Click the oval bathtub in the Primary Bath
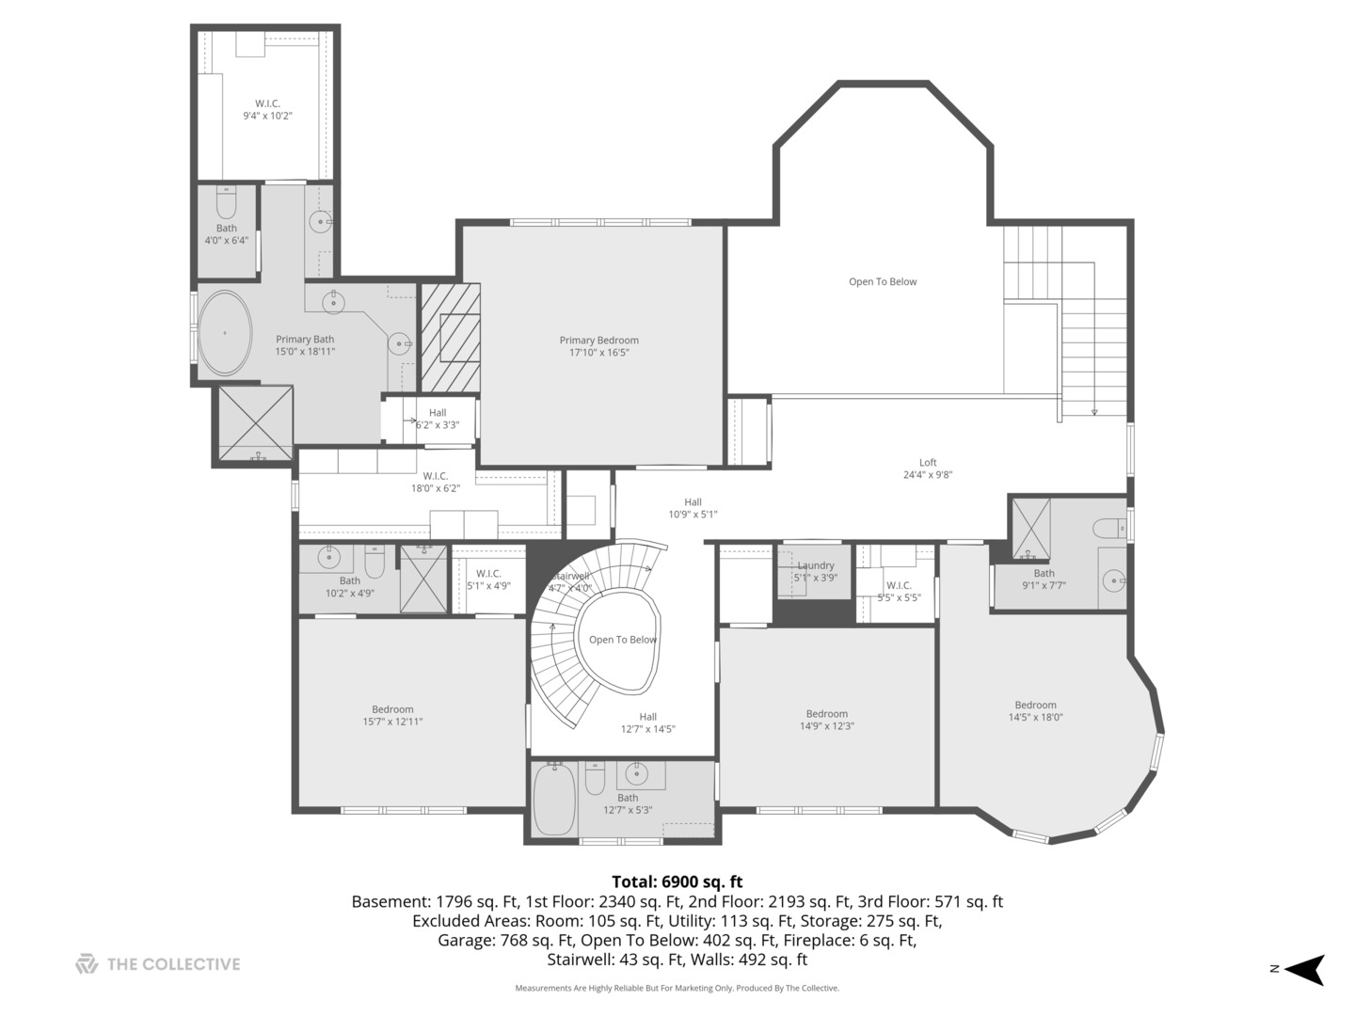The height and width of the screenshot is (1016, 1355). [x=225, y=332]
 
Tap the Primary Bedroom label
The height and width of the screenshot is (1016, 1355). [x=598, y=340]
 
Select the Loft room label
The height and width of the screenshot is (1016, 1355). [x=928, y=462]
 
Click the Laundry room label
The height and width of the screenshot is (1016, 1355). [x=816, y=565]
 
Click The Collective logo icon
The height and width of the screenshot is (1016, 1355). [x=88, y=963]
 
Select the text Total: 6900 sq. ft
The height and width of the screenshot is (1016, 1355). [x=677, y=881]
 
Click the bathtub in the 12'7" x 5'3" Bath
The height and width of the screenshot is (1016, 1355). [x=553, y=799]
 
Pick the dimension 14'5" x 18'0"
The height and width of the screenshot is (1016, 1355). [x=1035, y=717]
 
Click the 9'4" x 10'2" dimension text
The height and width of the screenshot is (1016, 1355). [x=267, y=116]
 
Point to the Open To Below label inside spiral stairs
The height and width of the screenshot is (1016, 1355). [x=622, y=640]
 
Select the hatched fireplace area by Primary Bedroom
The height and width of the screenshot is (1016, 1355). [x=450, y=338]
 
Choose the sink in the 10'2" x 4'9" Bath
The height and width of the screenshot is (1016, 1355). [x=328, y=559]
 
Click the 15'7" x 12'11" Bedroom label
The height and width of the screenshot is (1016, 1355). [x=392, y=716]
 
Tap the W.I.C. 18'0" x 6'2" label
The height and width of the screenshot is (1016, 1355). [x=436, y=482]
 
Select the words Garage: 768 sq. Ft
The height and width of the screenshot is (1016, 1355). [x=506, y=940]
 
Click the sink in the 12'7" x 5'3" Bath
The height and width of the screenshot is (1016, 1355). [x=636, y=772]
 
